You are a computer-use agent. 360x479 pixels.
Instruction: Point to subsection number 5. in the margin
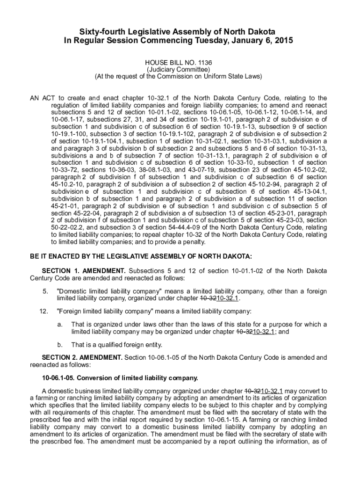coord(45,291)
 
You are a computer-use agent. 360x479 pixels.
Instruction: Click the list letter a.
coord(60,325)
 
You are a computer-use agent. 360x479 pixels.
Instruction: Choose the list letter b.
coord(60,345)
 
